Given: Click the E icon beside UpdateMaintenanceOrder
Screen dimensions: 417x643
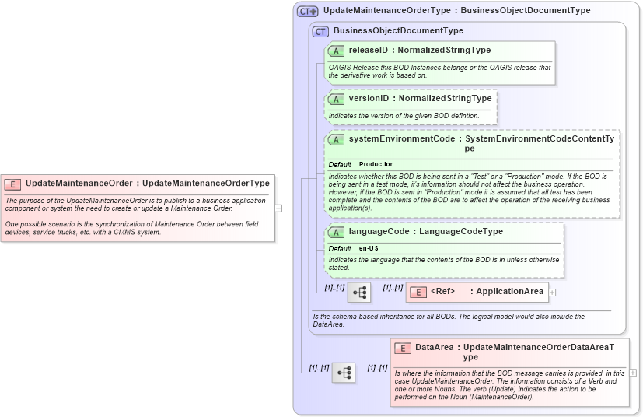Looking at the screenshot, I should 12,184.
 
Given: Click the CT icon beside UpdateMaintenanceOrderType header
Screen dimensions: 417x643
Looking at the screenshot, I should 308,11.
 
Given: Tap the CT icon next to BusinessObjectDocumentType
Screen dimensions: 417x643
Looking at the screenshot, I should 320,31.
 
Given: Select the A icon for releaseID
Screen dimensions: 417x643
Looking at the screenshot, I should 337,51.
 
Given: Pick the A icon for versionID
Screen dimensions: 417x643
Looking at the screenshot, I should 337,100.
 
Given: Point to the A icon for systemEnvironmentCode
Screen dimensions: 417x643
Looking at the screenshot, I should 337,139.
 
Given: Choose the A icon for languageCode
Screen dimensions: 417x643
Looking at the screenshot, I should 337,232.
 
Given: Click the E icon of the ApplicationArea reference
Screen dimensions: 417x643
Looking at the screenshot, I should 418,292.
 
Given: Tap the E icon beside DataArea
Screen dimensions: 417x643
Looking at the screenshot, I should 403,348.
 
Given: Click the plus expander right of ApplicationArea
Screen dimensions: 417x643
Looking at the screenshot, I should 553,293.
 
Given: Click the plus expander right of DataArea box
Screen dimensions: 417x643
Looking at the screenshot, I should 633,373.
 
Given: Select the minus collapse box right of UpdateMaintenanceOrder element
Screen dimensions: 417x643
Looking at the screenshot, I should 278,208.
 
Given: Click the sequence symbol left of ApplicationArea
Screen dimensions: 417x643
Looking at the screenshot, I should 358,293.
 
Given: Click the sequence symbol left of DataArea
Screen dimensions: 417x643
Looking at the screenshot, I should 344,373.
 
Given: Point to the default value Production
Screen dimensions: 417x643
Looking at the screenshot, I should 376,165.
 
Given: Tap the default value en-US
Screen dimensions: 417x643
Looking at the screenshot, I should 369,248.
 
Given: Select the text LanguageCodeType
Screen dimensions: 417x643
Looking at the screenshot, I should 458,232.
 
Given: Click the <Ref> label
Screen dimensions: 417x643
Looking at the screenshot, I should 442,292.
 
